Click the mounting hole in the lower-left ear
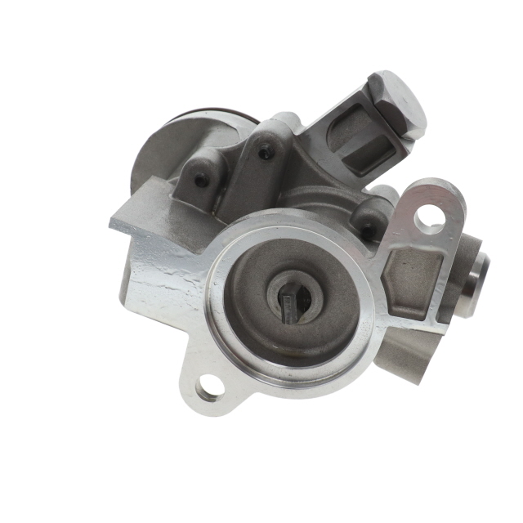[x=208, y=391]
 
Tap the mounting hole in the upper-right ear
[x=429, y=218]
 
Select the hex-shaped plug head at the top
[x=397, y=102]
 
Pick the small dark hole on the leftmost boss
[x=201, y=181]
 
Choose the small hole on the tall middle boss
[x=265, y=151]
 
